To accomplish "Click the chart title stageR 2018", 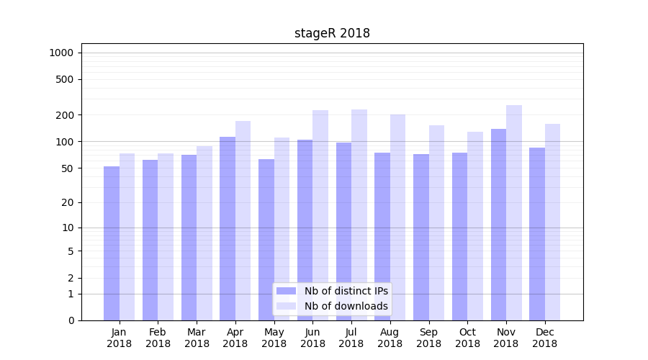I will (x=332, y=33).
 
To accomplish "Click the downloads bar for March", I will (x=204, y=233).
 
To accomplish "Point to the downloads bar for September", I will (x=436, y=222).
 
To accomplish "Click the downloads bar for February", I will (x=166, y=237).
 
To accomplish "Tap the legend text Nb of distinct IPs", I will (x=346, y=291).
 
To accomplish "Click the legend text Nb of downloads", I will (x=346, y=306).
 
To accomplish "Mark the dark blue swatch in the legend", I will (x=287, y=291).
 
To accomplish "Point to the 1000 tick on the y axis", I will (x=61, y=53).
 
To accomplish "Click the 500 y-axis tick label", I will (x=65, y=79).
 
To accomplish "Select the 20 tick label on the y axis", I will (x=68, y=202).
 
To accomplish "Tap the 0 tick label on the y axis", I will (x=71, y=320).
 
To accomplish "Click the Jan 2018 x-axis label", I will (x=120, y=338).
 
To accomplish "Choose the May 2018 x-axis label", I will (x=274, y=338).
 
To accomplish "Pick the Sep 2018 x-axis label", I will (x=428, y=338).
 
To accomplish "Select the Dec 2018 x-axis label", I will (x=545, y=338).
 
